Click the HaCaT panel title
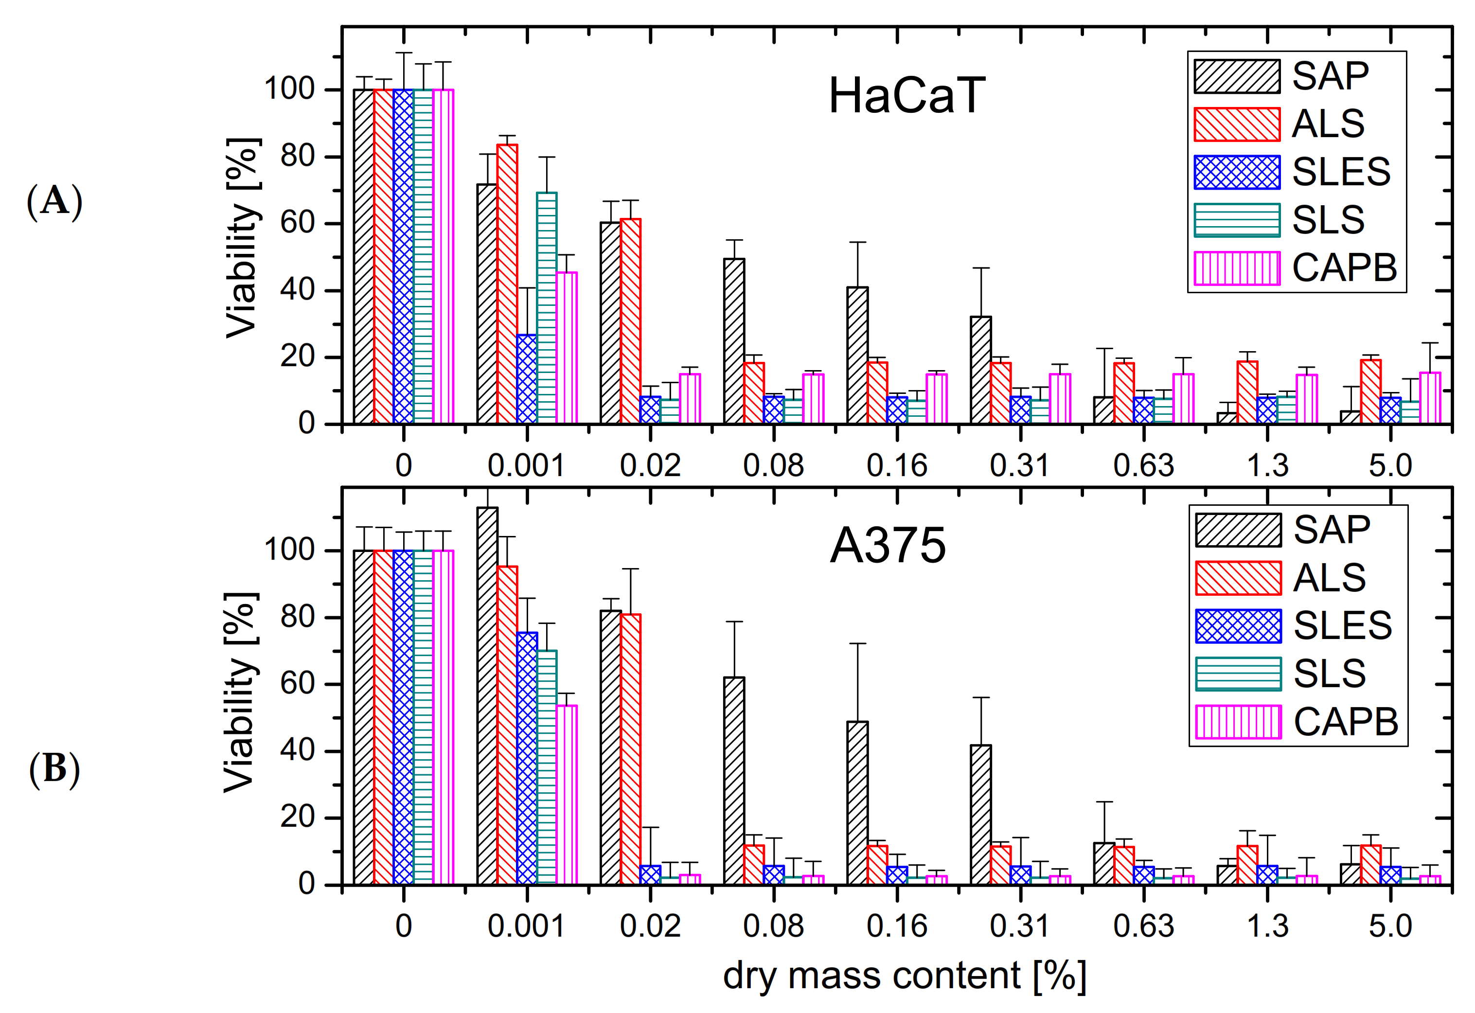click(906, 96)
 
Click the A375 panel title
click(887, 546)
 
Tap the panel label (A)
click(54, 201)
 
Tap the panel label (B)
click(54, 769)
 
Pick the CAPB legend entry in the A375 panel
click(1297, 722)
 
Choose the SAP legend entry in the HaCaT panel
click(1282, 76)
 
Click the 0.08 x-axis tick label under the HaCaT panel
click(773, 466)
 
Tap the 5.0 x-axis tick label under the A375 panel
click(1390, 927)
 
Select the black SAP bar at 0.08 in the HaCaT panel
click(734, 341)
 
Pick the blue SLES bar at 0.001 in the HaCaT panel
click(527, 379)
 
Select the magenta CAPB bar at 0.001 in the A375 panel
click(567, 795)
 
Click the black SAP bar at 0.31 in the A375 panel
click(980, 815)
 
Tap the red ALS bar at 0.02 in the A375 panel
click(630, 749)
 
